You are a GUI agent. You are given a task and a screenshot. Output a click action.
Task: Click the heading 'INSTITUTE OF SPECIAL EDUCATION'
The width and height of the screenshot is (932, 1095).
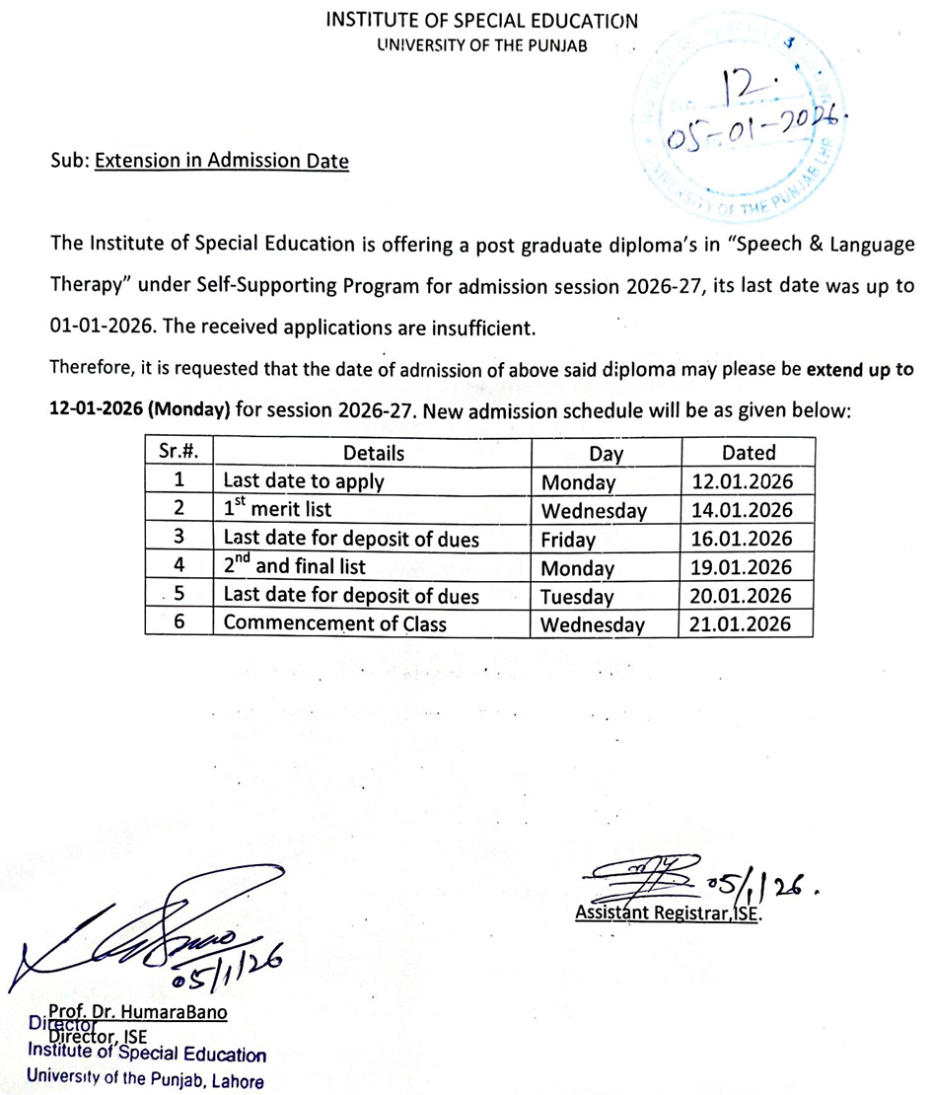[481, 21]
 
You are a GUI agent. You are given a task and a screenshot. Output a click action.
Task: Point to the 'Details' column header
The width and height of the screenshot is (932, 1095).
[373, 454]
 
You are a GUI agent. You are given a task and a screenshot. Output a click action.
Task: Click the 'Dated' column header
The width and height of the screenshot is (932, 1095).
[747, 454]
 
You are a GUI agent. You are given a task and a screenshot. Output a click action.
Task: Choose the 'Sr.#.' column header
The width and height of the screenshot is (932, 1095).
[179, 453]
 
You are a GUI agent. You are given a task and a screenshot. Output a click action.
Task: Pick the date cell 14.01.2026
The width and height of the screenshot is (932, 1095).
[747, 511]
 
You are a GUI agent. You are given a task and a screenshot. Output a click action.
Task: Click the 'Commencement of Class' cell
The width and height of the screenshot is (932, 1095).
[335, 623]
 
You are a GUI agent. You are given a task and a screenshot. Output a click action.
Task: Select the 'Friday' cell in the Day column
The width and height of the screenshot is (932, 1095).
[569, 540]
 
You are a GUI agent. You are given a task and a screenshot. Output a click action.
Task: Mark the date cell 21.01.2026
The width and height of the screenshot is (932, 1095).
[747, 624]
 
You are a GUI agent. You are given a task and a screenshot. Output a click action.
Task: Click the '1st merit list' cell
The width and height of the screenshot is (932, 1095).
[277, 510]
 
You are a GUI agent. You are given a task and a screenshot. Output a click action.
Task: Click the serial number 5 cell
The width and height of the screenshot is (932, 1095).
[179, 596]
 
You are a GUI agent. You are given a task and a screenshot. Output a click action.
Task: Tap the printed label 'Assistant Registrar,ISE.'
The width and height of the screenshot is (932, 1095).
[670, 913]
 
